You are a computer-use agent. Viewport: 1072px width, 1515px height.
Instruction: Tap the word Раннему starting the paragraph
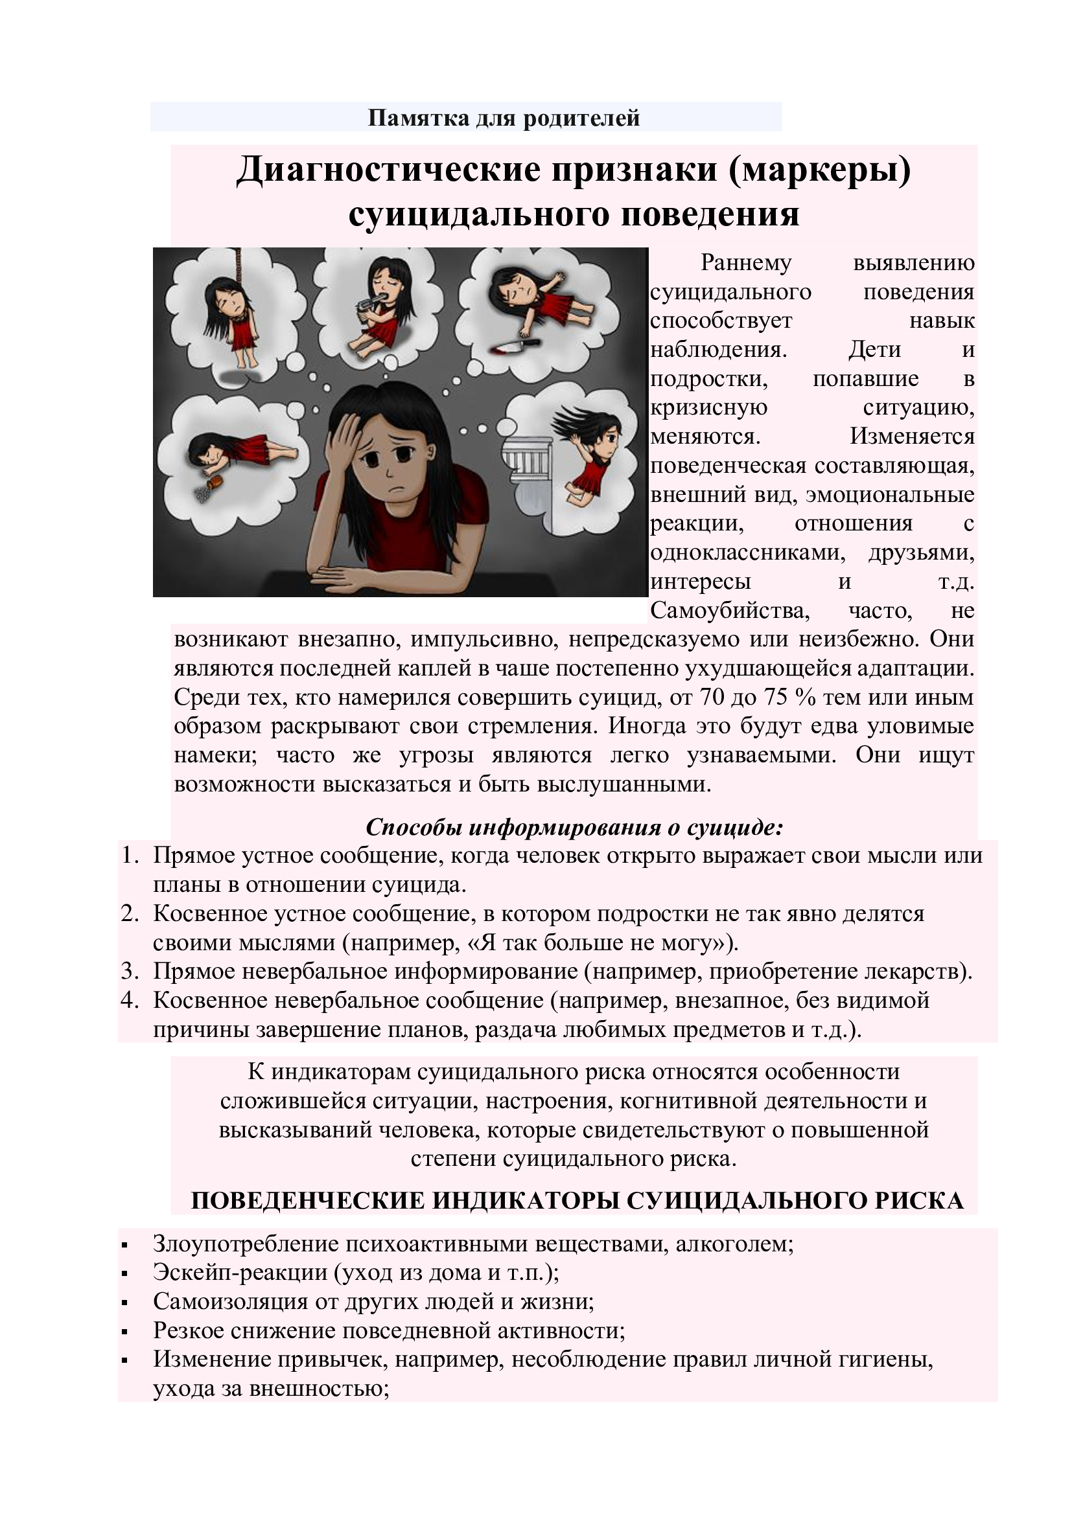coord(746,262)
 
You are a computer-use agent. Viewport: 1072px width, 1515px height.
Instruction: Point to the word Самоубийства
coord(729,611)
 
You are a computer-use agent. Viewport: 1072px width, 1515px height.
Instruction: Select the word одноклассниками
coord(748,553)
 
